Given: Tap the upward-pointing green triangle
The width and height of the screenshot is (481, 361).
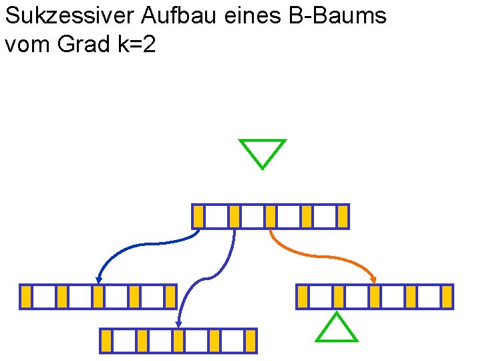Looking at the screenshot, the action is (x=336, y=329).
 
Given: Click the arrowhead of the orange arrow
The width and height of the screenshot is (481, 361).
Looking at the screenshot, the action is (x=373, y=279).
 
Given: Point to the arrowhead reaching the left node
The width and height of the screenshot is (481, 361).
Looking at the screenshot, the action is (x=99, y=279).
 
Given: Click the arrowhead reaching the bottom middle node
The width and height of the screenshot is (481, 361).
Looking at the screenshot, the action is (x=178, y=324).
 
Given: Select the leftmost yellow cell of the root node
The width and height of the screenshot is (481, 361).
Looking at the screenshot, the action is (x=198, y=217).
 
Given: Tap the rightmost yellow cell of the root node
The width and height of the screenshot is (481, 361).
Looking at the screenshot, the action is (x=343, y=217).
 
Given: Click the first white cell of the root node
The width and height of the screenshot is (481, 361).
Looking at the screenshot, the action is (x=216, y=217).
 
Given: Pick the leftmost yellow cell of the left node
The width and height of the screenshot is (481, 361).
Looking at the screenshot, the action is (x=26, y=297).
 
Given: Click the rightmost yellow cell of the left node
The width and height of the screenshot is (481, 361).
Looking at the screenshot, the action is (x=170, y=297).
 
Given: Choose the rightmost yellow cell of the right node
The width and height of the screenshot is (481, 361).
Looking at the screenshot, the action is (x=447, y=297).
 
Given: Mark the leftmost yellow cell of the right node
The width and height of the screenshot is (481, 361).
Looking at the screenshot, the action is (x=303, y=297).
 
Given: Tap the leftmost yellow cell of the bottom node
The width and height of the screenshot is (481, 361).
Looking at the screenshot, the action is (x=106, y=341).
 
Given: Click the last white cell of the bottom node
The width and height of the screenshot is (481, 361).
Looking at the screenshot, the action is (x=232, y=341).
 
